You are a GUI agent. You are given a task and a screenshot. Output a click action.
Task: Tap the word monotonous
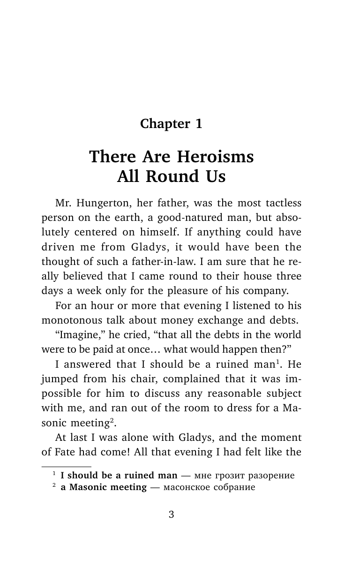tap(70, 320)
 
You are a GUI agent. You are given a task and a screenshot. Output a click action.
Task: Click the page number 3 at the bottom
tap(171, 514)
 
